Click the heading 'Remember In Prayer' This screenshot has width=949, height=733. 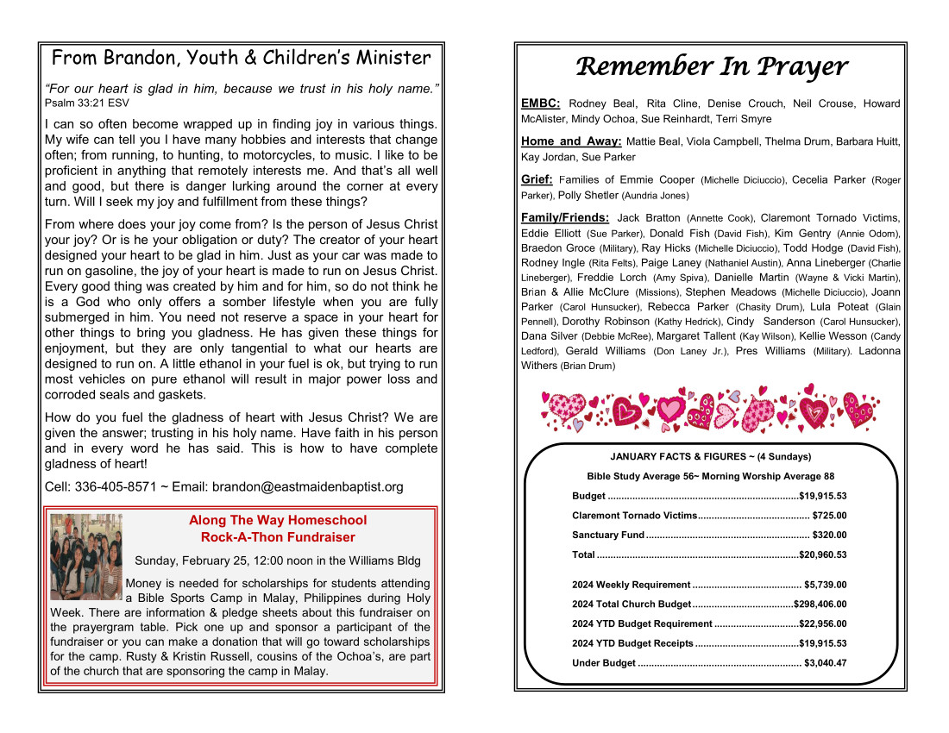point(711,66)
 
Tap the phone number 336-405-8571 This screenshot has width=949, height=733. point(116,486)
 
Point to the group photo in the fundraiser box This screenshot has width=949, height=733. point(85,556)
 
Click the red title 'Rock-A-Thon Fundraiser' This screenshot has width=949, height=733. point(278,537)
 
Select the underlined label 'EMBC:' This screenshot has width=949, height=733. point(541,103)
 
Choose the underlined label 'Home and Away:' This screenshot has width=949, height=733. point(571,141)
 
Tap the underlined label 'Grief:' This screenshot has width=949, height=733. point(537,179)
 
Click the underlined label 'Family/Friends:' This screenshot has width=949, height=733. point(565,218)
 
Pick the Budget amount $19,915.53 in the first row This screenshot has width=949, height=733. point(823,496)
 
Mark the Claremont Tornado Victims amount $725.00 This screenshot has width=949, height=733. point(829,516)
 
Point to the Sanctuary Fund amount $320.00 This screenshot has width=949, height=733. point(829,536)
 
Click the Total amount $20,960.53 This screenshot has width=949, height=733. point(823,555)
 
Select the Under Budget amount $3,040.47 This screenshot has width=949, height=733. point(825,663)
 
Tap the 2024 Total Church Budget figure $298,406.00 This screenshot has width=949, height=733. point(820,605)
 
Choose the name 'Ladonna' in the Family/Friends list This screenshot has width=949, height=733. point(878,351)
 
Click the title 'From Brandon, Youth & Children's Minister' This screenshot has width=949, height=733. point(242,59)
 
